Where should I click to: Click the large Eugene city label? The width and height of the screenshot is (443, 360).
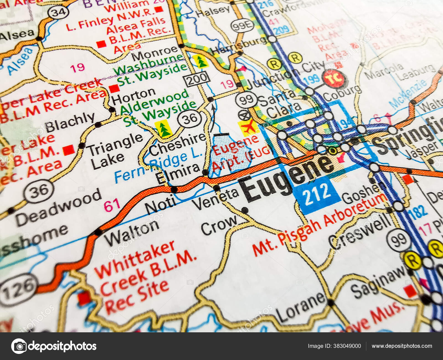(x=287, y=179)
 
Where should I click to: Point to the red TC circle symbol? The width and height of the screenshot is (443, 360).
(x=334, y=78)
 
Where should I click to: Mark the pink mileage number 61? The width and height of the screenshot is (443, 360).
(x=112, y=205)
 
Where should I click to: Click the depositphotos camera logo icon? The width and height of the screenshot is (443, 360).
(x=19, y=346)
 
